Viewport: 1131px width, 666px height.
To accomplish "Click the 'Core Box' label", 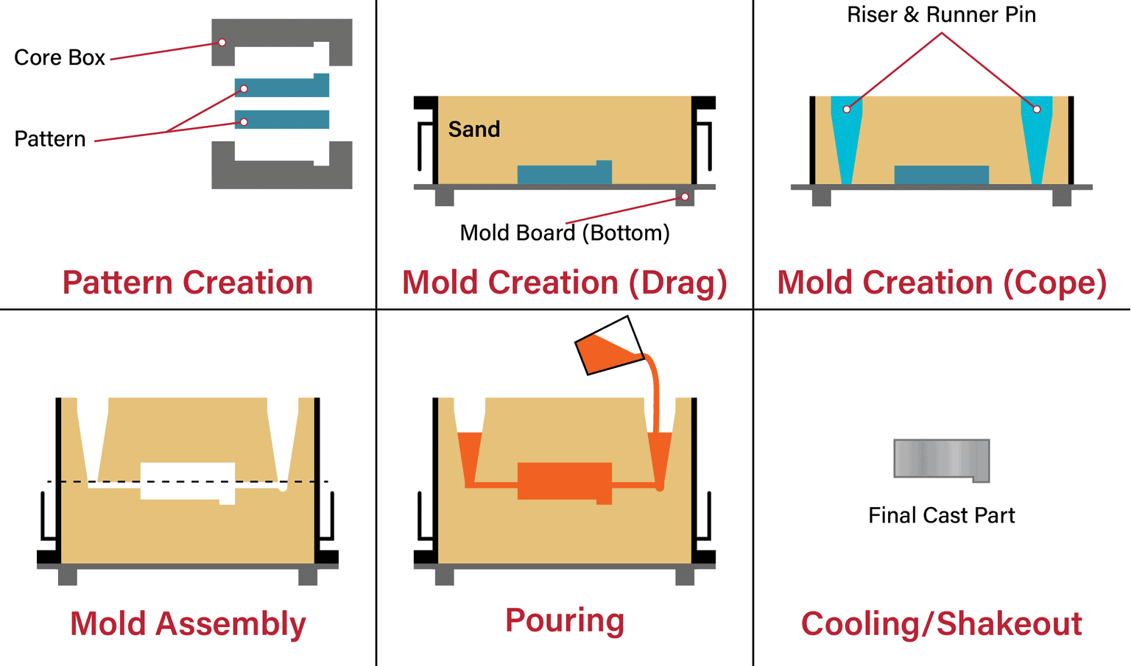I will [x=60, y=57].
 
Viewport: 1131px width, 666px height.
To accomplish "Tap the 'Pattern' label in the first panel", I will [x=50, y=139].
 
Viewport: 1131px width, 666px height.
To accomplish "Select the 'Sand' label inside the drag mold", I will [x=474, y=130].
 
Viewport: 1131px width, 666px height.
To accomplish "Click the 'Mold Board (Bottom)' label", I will [x=565, y=233].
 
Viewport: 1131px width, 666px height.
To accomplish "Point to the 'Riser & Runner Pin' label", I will [x=941, y=15].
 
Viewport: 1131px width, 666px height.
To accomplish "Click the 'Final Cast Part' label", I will [x=941, y=515].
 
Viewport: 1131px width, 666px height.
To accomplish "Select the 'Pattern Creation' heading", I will [x=188, y=283].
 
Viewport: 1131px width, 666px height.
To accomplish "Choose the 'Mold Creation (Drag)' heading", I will [x=565, y=283].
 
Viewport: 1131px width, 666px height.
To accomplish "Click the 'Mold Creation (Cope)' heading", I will [x=942, y=283].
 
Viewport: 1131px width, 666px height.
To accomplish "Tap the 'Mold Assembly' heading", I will [x=188, y=624].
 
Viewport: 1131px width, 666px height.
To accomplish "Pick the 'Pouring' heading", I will [x=565, y=620].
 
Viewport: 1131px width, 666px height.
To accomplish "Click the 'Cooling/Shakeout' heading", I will [x=942, y=624].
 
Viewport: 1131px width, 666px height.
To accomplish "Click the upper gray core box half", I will [x=281, y=32].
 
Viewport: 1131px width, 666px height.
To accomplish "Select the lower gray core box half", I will [x=281, y=175].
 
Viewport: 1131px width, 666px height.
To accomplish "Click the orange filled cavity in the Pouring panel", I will [x=564, y=481].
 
